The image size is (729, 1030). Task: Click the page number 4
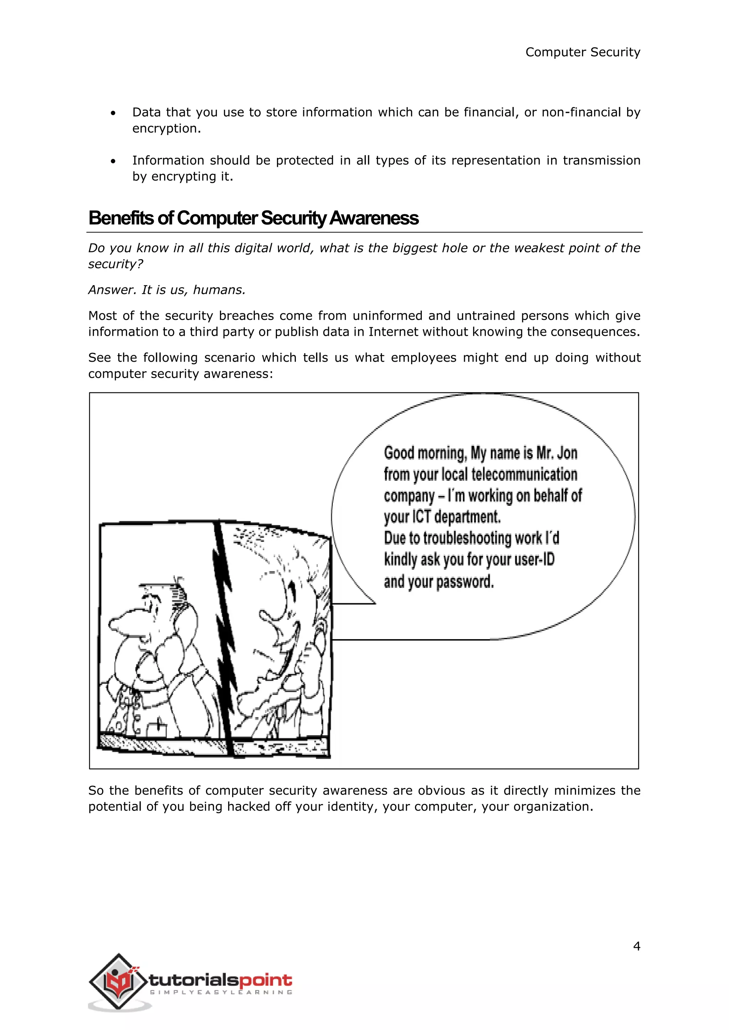point(636,946)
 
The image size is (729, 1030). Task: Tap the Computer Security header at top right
point(583,53)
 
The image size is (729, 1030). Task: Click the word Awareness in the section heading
point(373,218)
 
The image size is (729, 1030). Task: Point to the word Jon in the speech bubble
point(567,453)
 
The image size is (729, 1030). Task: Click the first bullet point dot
point(113,113)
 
